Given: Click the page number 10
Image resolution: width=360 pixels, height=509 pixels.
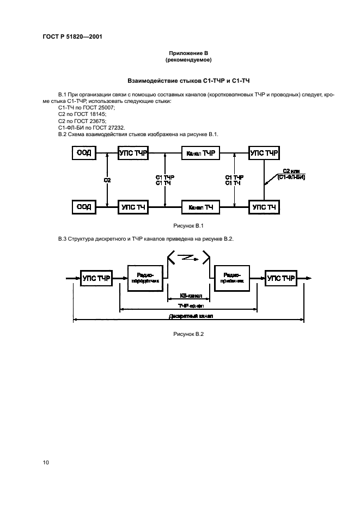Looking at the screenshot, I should pyautogui.click(x=46, y=462).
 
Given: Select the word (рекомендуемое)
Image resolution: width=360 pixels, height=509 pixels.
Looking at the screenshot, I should pyautogui.click(x=188, y=60).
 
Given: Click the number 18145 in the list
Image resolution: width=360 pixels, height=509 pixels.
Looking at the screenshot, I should pyautogui.click(x=98, y=114).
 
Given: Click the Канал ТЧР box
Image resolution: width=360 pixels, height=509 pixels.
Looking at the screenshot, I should pyautogui.click(x=200, y=154).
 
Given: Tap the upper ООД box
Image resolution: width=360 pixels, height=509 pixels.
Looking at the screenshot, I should pyautogui.click(x=84, y=154).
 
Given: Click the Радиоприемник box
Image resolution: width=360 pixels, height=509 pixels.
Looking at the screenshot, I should pyautogui.click(x=232, y=278).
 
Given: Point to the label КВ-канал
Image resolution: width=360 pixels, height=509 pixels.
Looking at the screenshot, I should pyautogui.click(x=188, y=296).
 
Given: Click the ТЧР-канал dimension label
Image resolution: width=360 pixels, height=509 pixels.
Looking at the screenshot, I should pyautogui.click(x=188, y=306).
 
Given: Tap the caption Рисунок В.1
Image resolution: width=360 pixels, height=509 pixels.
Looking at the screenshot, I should pyautogui.click(x=188, y=225).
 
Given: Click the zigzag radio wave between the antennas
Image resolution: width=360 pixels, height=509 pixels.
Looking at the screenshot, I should pyautogui.click(x=188, y=257).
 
